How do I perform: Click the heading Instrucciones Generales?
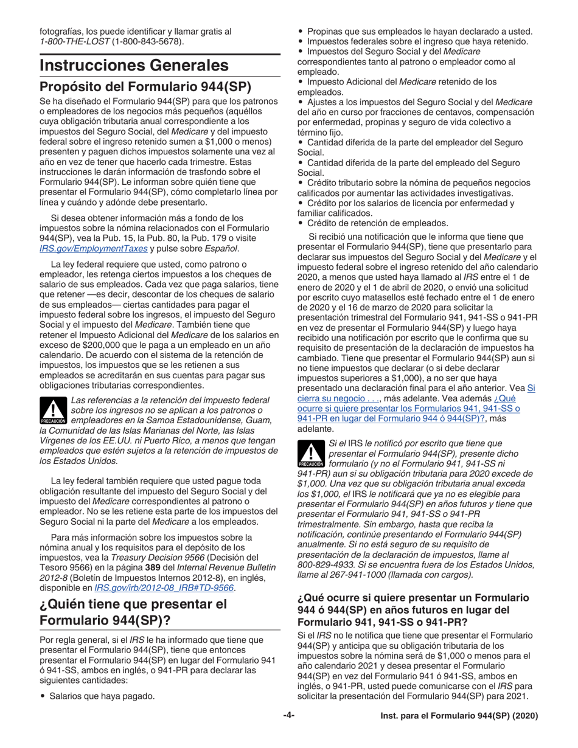pyautogui.click(x=134, y=65)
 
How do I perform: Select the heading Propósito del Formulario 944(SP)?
pyautogui.click(x=145, y=86)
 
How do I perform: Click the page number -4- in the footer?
pyautogui.click(x=288, y=716)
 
